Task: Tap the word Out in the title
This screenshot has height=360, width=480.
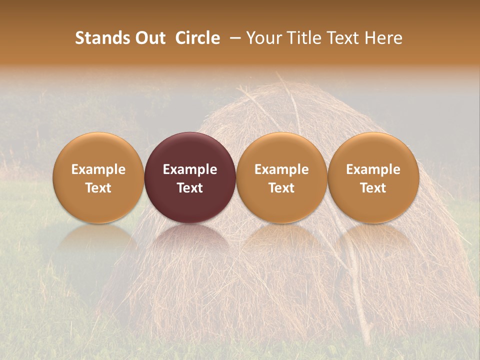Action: tap(149, 38)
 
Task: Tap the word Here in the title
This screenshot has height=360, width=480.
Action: tap(383, 38)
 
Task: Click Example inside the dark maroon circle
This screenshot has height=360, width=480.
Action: tap(190, 169)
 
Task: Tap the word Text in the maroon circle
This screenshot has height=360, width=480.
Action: tap(190, 188)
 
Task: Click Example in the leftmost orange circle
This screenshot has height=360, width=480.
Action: tap(98, 169)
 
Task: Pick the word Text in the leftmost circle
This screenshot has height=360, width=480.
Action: tap(98, 188)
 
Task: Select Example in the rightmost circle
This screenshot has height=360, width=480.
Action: tap(373, 169)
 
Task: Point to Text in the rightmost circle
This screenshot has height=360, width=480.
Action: tap(373, 188)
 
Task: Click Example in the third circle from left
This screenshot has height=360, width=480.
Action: tap(281, 169)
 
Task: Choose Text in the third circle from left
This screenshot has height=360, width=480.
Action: tap(281, 188)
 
